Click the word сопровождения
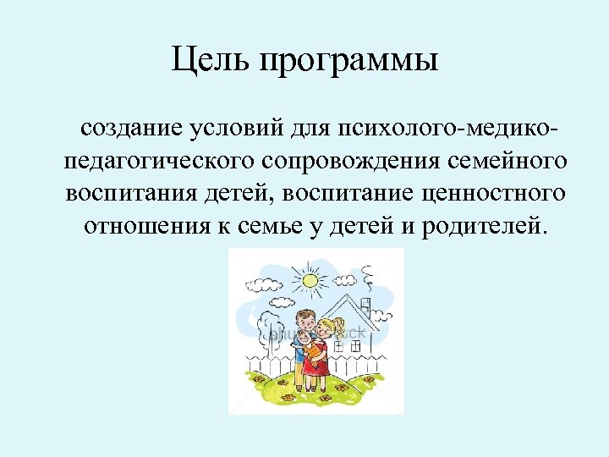coord(355,162)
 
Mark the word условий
coord(244,129)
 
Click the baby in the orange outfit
coord(314,347)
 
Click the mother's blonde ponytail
coord(341,326)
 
